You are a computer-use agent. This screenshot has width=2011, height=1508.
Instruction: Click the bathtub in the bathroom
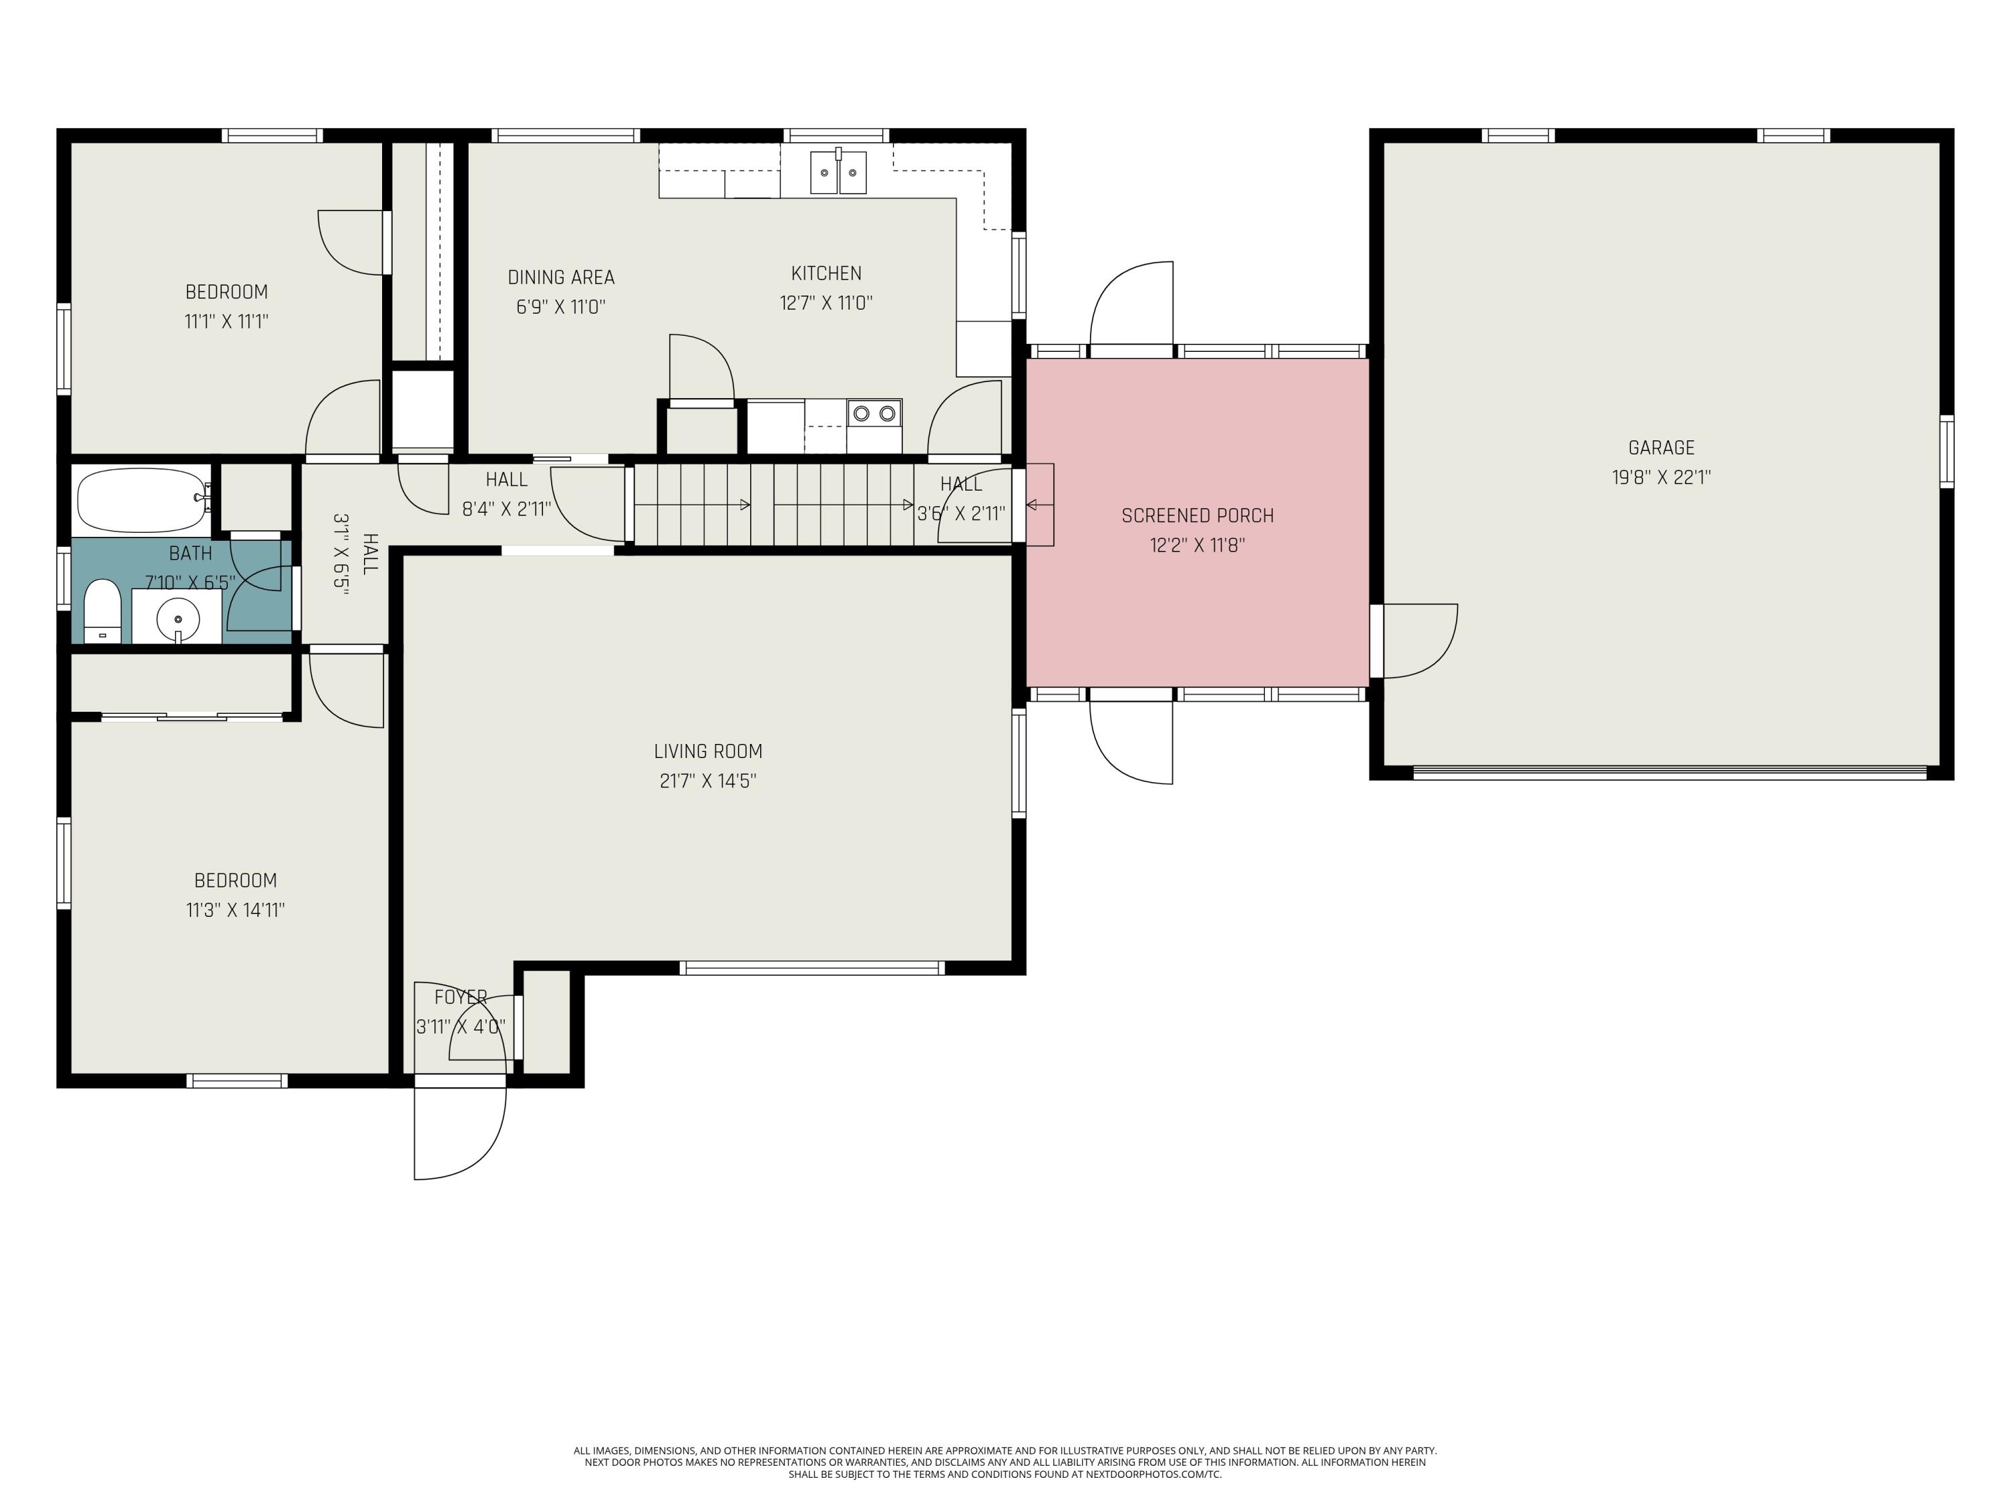[142, 500]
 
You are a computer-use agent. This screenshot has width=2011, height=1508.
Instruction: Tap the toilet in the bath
[102, 611]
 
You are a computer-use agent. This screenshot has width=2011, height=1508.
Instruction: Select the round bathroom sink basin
[178, 620]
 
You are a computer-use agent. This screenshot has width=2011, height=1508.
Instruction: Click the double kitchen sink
[838, 173]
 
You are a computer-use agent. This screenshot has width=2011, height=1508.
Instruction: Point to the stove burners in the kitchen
[873, 414]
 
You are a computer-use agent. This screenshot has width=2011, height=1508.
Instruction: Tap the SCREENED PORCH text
[1197, 515]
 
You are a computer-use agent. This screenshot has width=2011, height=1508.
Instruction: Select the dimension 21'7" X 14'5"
[707, 781]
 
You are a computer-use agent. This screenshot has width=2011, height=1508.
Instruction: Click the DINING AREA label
[561, 277]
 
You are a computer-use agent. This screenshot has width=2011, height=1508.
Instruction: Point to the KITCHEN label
[825, 273]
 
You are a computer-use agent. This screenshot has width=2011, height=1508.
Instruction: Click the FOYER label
[461, 997]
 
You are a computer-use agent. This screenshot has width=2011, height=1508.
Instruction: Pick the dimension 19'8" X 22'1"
[1661, 477]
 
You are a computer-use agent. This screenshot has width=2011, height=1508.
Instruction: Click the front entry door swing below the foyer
[454, 1132]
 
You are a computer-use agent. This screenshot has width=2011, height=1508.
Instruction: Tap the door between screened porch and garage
[1414, 641]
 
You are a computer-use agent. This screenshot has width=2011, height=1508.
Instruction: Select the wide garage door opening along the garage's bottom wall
[1668, 773]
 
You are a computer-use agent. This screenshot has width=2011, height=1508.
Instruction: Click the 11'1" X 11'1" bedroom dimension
[227, 321]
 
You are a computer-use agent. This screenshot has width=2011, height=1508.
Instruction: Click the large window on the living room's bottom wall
[812, 968]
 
